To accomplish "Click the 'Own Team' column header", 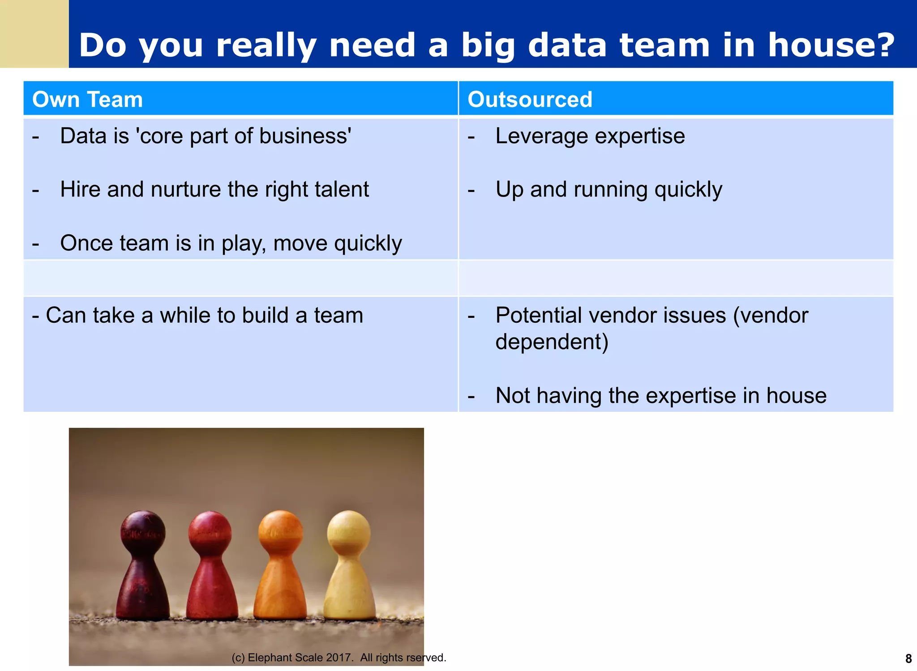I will click(x=87, y=99).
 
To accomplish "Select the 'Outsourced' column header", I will click(x=530, y=99).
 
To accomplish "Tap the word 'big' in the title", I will click(x=488, y=45).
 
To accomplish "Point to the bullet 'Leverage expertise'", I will click(x=590, y=136).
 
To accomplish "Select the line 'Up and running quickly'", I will click(x=608, y=190).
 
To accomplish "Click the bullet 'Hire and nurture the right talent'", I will click(x=214, y=189).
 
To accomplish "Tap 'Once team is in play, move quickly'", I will click(x=231, y=244).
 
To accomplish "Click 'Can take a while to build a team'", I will click(x=204, y=315).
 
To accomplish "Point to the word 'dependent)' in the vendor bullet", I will click(x=552, y=342).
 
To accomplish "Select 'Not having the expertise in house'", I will click(x=660, y=396).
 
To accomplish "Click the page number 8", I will click(x=908, y=658).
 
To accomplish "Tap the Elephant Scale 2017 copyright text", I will click(x=339, y=658).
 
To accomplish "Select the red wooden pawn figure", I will click(x=211, y=568).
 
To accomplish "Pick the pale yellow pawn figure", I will click(x=349, y=568).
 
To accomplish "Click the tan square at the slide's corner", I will click(x=34, y=34).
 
